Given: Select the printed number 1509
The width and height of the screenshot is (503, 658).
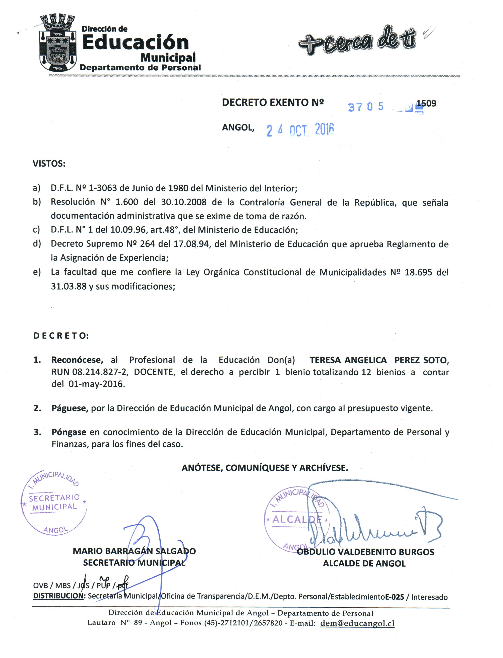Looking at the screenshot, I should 427,103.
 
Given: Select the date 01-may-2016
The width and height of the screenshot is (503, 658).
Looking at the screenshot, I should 96,384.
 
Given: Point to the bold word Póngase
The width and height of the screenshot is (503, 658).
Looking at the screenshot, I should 69,432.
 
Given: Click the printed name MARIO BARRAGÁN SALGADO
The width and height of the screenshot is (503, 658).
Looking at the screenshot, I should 134,551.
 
